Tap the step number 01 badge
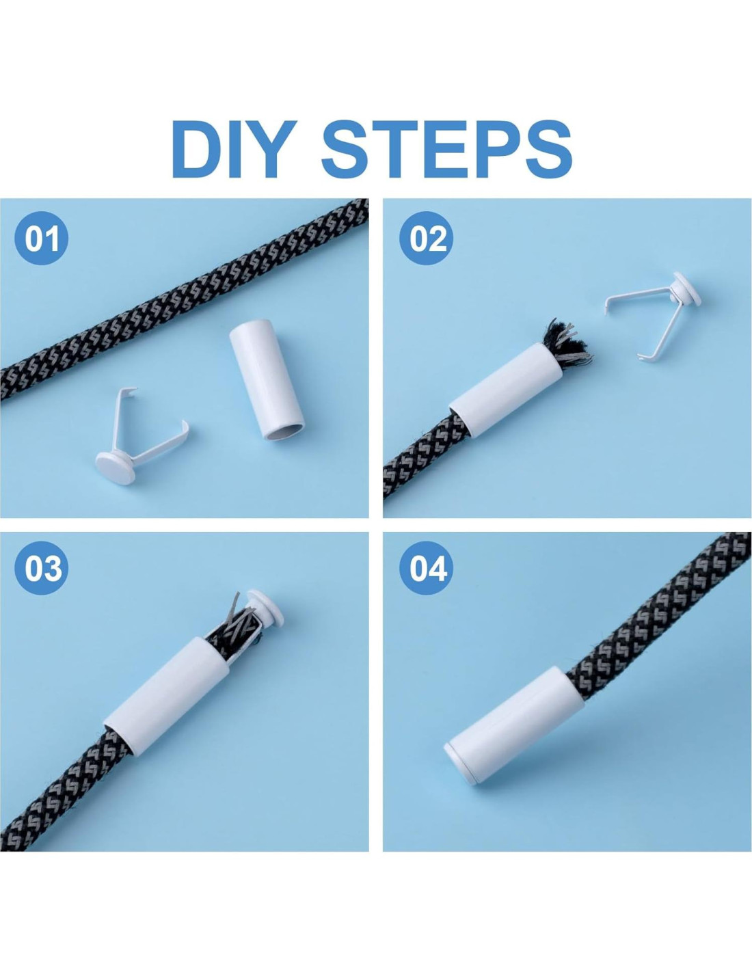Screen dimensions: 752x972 pyautogui.click(x=42, y=238)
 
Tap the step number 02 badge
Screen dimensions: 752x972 pyautogui.click(x=426, y=238)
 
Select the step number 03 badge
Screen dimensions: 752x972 pyautogui.click(x=42, y=567)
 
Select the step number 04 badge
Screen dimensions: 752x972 pyautogui.click(x=426, y=567)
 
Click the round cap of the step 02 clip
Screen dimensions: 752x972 pyautogui.click(x=687, y=288)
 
